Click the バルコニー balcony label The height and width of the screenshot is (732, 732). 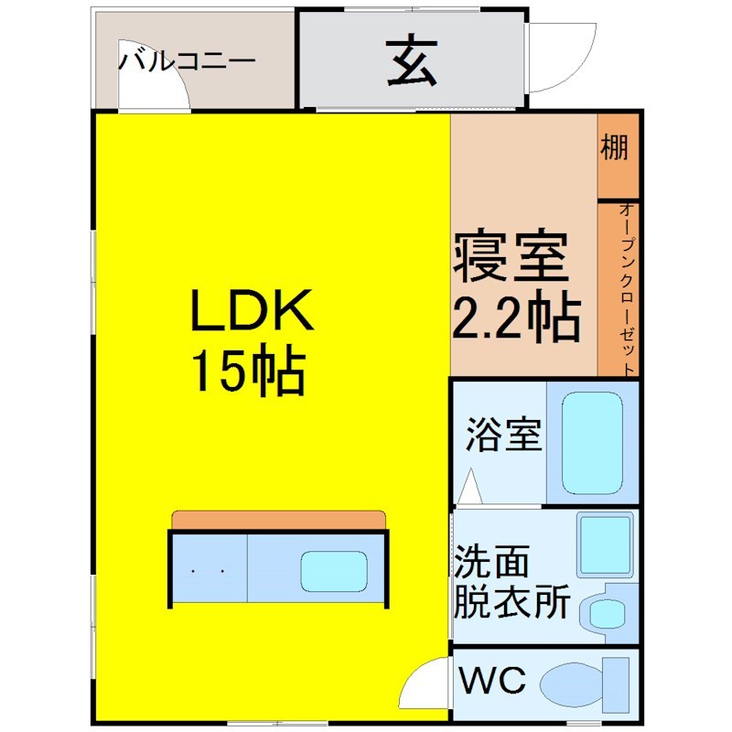click(188, 61)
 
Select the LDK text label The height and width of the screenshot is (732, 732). click(252, 310)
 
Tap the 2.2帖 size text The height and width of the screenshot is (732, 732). click(517, 316)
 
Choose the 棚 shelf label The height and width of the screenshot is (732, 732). click(614, 147)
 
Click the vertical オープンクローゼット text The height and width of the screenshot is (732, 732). click(628, 289)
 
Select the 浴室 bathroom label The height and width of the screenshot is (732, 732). click(504, 434)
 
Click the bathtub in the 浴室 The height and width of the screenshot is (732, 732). click(592, 444)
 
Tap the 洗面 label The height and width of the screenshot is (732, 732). click(491, 561)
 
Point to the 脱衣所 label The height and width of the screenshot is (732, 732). click(512, 601)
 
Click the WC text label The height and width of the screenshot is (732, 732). click(492, 679)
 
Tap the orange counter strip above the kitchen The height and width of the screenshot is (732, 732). click(279, 521)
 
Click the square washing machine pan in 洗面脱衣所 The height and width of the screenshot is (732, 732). click(606, 544)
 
